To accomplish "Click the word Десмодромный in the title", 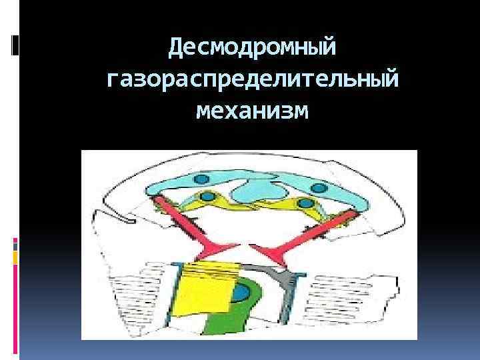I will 253,47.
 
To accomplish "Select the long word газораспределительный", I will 253,80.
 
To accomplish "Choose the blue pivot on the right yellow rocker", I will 304,202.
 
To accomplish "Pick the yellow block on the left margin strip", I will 15,256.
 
